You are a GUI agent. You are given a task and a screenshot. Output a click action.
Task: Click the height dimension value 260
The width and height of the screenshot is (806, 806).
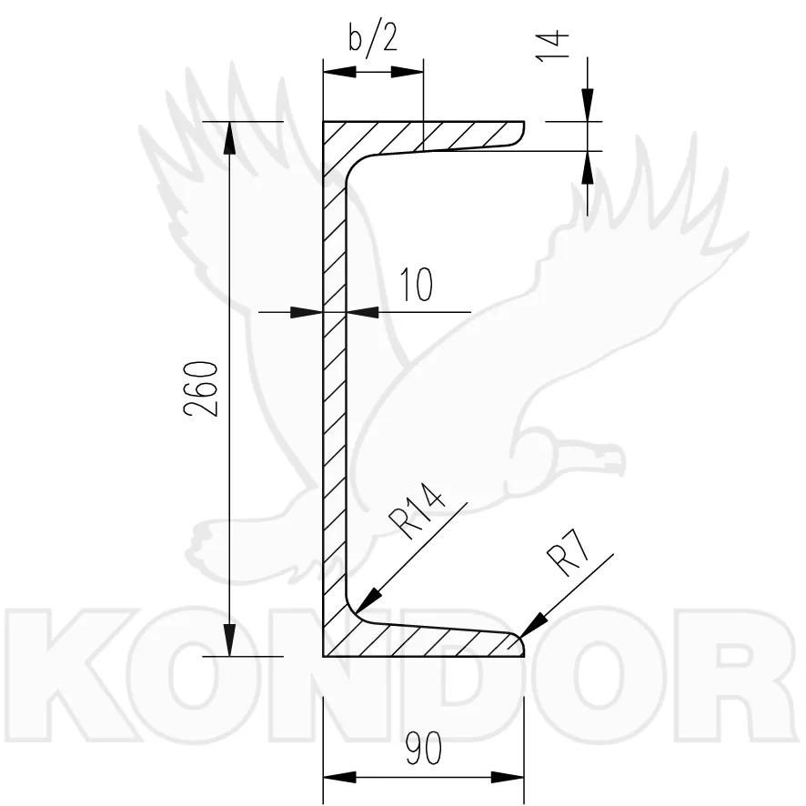[201, 388]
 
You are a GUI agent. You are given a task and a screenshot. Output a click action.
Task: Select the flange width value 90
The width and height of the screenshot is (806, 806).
[424, 749]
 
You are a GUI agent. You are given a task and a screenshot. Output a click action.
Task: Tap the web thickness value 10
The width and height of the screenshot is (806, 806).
[416, 284]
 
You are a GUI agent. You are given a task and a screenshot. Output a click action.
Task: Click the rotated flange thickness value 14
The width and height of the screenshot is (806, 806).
[552, 46]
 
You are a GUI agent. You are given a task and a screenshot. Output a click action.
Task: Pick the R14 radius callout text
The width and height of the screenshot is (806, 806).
[417, 511]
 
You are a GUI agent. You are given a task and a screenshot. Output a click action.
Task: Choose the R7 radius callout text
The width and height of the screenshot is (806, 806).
[569, 553]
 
